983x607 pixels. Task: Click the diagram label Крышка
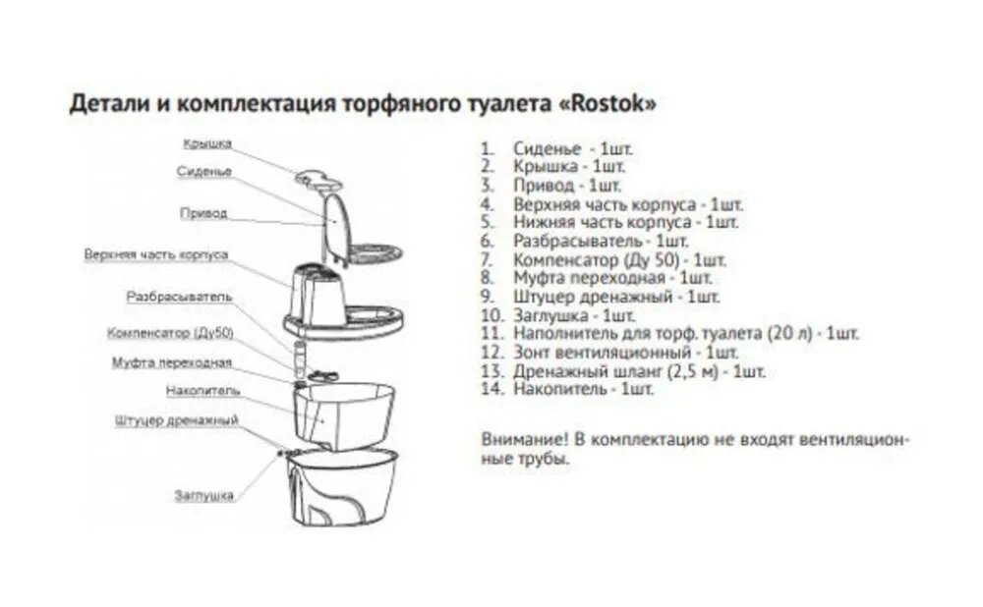pyautogui.click(x=206, y=143)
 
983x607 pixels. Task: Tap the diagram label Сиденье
pyautogui.click(x=204, y=171)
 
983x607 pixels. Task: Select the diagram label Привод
pyautogui.click(x=203, y=212)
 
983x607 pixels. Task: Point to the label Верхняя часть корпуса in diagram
pyautogui.click(x=156, y=254)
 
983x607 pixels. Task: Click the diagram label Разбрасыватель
pyautogui.click(x=179, y=296)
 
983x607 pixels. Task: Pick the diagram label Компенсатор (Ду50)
pyautogui.click(x=170, y=333)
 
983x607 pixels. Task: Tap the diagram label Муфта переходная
pyautogui.click(x=172, y=363)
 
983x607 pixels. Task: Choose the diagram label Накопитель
pyautogui.click(x=202, y=390)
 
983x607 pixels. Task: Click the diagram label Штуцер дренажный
pyautogui.click(x=177, y=421)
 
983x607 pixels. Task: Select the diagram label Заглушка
pyautogui.click(x=204, y=495)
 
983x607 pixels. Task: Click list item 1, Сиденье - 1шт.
pyautogui.click(x=570, y=149)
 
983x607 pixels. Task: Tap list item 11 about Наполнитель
pyautogui.click(x=684, y=334)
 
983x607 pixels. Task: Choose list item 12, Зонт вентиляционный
pyautogui.click(x=623, y=353)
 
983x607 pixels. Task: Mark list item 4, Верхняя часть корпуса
pyautogui.click(x=627, y=205)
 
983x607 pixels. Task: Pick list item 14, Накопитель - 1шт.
pyautogui.click(x=582, y=389)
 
